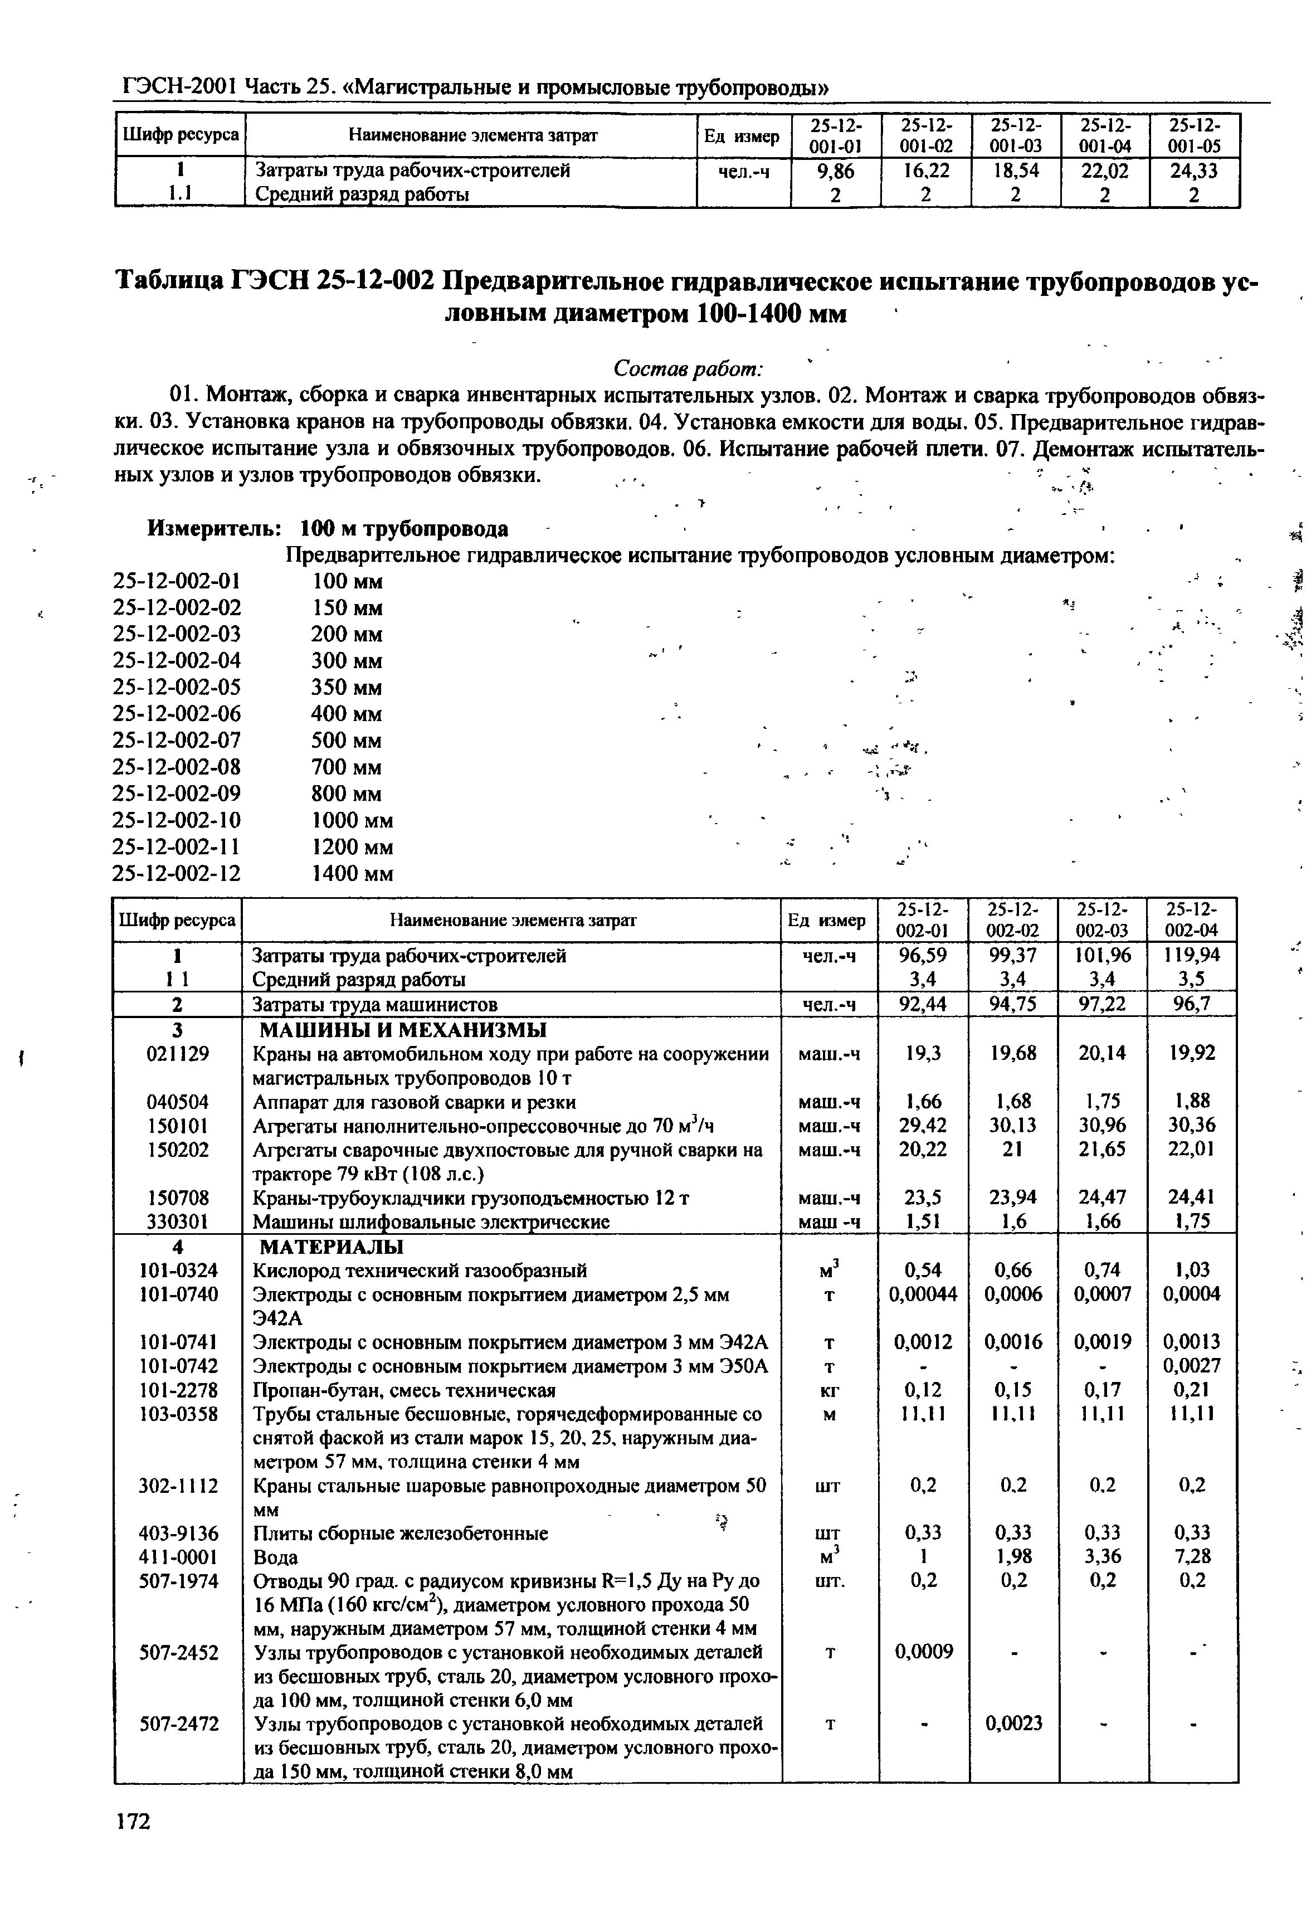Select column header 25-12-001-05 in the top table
tap(1194, 135)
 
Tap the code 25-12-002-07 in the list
tap(177, 741)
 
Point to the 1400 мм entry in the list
tap(352, 873)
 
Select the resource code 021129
tap(178, 1054)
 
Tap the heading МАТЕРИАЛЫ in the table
tap(332, 1246)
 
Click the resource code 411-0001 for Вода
tap(178, 1557)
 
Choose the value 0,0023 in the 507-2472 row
tap(1013, 1724)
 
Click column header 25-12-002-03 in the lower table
tap(1103, 920)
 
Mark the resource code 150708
tap(178, 1198)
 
